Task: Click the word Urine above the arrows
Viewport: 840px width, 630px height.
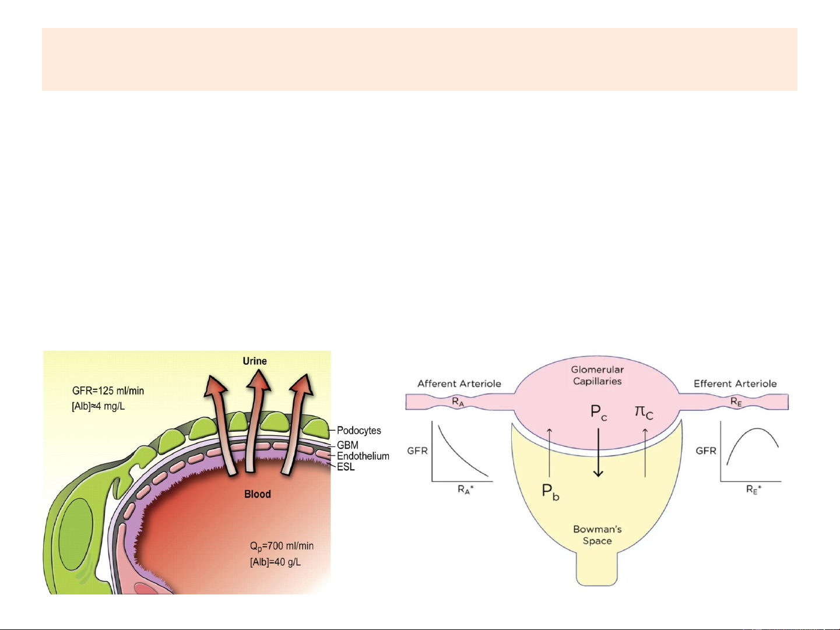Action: tap(255, 361)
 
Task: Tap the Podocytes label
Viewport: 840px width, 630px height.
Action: tap(359, 431)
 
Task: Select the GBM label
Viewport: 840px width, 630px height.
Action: tap(347, 445)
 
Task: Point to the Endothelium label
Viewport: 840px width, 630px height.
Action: tap(363, 456)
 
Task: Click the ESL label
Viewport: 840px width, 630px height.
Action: tap(346, 467)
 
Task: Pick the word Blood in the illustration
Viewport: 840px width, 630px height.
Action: tap(257, 494)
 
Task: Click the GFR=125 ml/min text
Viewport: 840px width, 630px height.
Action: tap(108, 391)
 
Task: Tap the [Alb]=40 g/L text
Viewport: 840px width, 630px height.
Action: tap(275, 562)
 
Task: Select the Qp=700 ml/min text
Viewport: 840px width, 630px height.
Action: tap(282, 546)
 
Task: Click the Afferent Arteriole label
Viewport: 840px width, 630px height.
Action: tap(459, 383)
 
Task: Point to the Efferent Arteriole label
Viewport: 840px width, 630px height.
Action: tap(734, 383)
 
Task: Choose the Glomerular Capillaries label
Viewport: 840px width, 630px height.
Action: tap(597, 375)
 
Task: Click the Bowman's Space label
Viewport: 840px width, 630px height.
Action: tap(597, 535)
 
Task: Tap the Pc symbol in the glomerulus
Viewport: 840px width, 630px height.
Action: tap(599, 413)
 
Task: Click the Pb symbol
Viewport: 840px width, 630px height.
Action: tap(550, 492)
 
